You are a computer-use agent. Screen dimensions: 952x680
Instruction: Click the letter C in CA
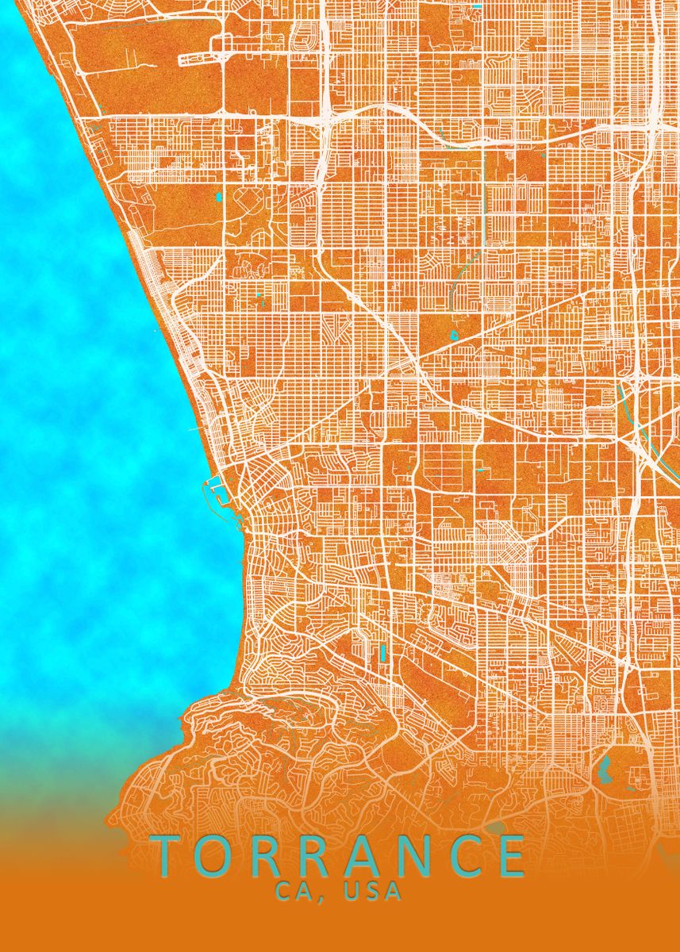click(283, 892)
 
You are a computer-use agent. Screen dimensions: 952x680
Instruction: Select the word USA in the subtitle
click(373, 892)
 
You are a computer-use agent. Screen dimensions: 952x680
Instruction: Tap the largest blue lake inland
click(603, 768)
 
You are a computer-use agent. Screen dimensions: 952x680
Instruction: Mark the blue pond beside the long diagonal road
click(455, 336)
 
